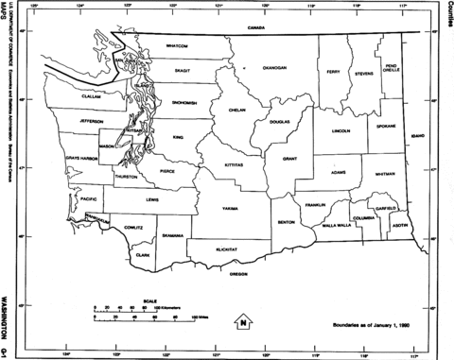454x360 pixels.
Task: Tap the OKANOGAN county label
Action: [274, 68]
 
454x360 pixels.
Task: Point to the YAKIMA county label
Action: [232, 207]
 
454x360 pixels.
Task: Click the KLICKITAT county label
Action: [224, 250]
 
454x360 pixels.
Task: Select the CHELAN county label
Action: [236, 111]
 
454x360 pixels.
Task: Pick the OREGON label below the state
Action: [239, 274]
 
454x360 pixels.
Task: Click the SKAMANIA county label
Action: [171, 235]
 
